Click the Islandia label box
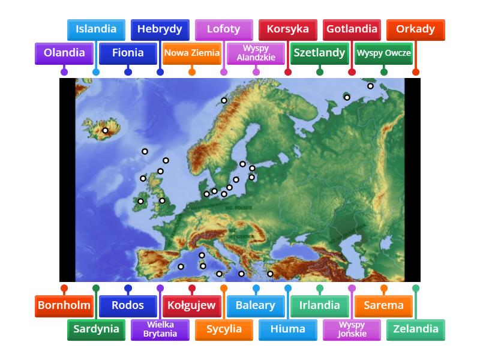[x=96, y=29]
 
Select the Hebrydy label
[x=160, y=29]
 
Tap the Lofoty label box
[x=223, y=29]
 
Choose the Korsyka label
[x=287, y=29]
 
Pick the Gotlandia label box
[x=352, y=29]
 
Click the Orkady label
[x=415, y=29]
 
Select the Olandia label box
[x=64, y=53]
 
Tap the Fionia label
[x=128, y=53]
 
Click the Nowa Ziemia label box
[x=192, y=53]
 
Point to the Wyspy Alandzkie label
[x=256, y=53]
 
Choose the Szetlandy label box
[x=319, y=53]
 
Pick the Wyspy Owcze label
[x=384, y=53]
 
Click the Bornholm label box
[x=64, y=305]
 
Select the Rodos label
[x=128, y=305]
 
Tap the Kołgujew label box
[x=192, y=305]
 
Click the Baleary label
[x=256, y=305]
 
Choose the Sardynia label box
[x=96, y=329]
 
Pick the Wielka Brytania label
[x=160, y=329]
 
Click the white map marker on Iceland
[x=105, y=130]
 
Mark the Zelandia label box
[x=415, y=329]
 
